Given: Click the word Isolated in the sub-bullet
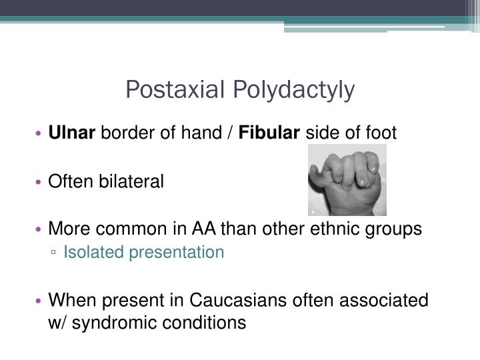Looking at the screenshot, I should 90,252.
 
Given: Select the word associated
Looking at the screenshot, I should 384,301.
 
